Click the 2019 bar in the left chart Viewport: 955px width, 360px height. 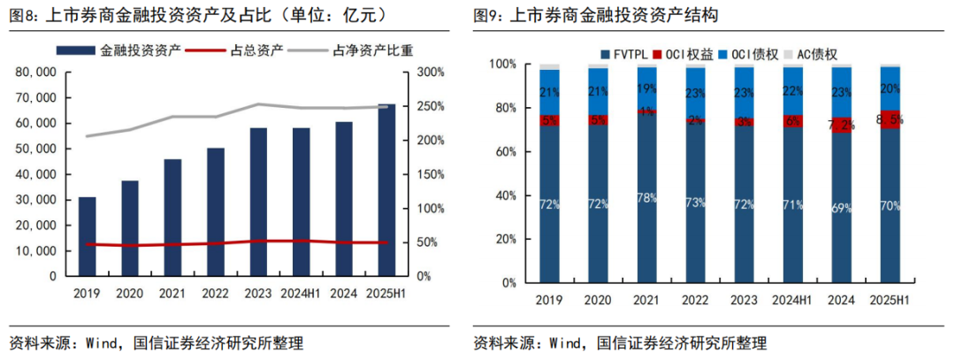[x=87, y=236]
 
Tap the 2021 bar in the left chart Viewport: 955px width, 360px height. [x=172, y=218]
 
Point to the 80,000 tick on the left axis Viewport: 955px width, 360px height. [x=38, y=73]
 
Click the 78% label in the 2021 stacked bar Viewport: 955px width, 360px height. [x=646, y=198]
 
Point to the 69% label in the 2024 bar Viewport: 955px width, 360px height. [x=842, y=208]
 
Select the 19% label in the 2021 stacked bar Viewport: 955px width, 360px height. [x=646, y=88]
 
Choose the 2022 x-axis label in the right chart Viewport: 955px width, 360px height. [x=695, y=302]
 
